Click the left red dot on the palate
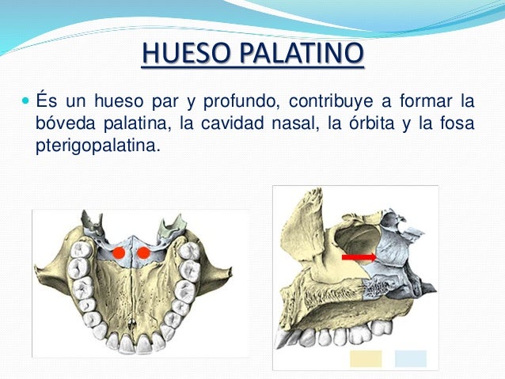(x=119, y=253)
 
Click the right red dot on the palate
(x=144, y=253)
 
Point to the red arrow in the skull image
(x=359, y=257)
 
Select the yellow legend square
(x=366, y=358)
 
